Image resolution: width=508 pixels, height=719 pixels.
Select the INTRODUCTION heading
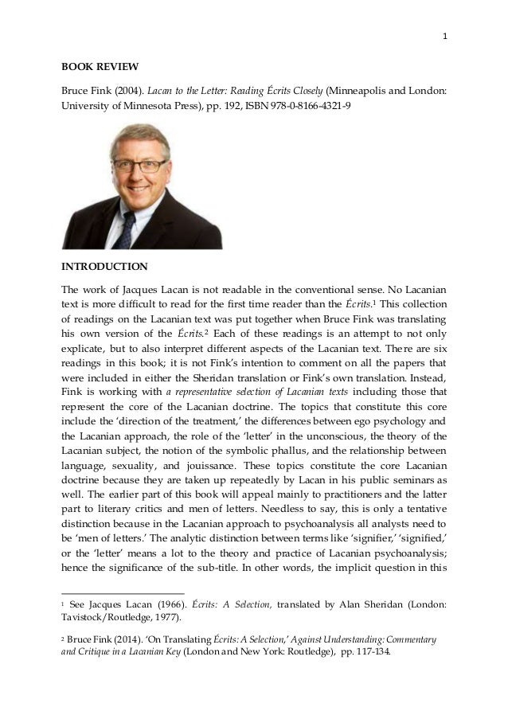click(x=104, y=265)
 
